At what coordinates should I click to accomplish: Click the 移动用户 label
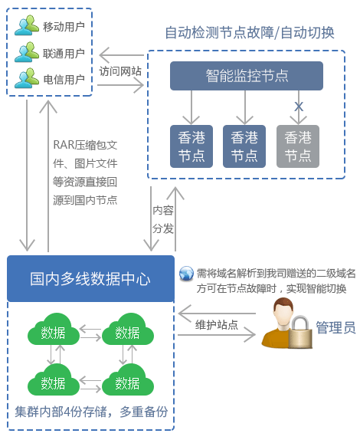coord(64,27)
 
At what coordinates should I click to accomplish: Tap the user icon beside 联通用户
coord(26,52)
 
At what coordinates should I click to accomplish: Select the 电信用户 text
coord(64,79)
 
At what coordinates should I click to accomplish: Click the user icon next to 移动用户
coord(26,26)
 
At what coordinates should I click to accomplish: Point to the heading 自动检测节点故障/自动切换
coord(250,32)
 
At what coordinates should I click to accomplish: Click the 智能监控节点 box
coord(247,75)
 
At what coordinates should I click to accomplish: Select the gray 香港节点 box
coord(298,146)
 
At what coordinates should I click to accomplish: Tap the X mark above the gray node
coord(299,104)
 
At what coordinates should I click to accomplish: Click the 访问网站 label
coord(119,71)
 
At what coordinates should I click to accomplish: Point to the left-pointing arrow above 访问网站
coord(119,55)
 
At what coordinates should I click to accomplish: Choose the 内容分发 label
coord(162,218)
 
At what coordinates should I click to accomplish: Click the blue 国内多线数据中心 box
coord(90,278)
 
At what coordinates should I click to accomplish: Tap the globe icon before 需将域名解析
coord(186,274)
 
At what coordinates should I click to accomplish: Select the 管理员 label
coord(335,328)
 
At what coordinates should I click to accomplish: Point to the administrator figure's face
coord(281,313)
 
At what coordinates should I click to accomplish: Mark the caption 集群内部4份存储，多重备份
coord(90,412)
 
